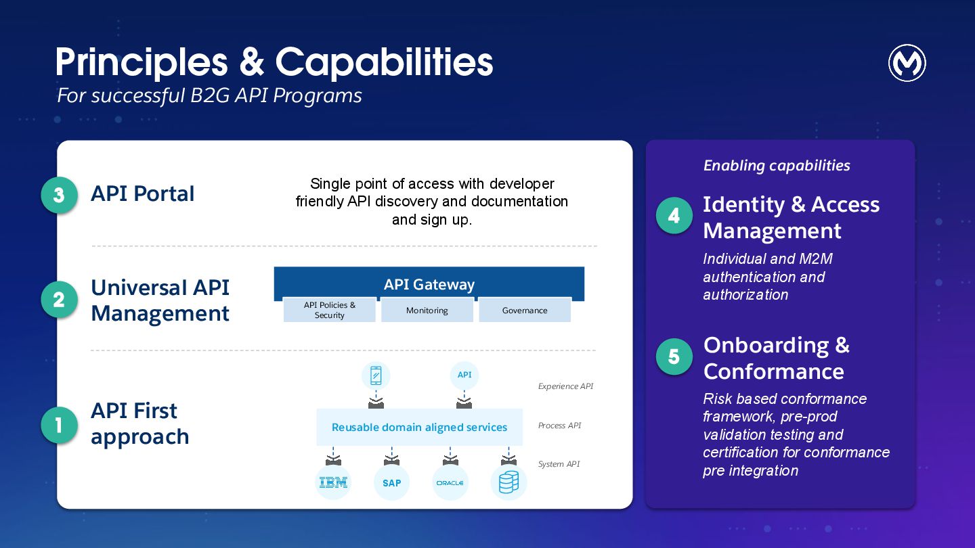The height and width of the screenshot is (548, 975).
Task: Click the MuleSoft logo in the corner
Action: coord(907,64)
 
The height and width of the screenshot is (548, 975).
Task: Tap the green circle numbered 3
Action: coord(59,195)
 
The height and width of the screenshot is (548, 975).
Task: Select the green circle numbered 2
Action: coord(59,300)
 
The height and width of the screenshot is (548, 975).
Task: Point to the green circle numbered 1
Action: coord(59,425)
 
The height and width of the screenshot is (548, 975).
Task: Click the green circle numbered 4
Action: coord(674,216)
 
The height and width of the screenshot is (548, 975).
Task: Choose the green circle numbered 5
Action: coord(674,357)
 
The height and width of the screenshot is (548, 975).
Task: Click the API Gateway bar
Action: coord(429,283)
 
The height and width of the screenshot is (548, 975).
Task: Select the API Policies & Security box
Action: coord(330,311)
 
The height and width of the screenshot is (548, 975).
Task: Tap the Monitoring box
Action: coord(427,311)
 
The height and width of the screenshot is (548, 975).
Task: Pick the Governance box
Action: coord(525,311)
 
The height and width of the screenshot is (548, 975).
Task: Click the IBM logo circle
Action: coord(333,482)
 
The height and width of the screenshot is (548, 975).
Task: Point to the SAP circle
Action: coord(391,482)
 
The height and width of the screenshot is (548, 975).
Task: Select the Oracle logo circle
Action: coord(450,482)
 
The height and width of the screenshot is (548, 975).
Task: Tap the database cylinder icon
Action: coord(508,482)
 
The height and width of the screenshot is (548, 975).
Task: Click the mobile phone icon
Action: coord(376,375)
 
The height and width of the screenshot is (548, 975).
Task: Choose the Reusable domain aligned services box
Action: coord(419,427)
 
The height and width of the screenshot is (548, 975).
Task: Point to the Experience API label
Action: coord(565,386)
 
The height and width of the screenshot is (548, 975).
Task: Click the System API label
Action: coord(559,464)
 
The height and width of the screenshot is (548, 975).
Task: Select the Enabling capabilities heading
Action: coord(777,166)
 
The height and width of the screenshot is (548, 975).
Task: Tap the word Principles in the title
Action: coord(142,62)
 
